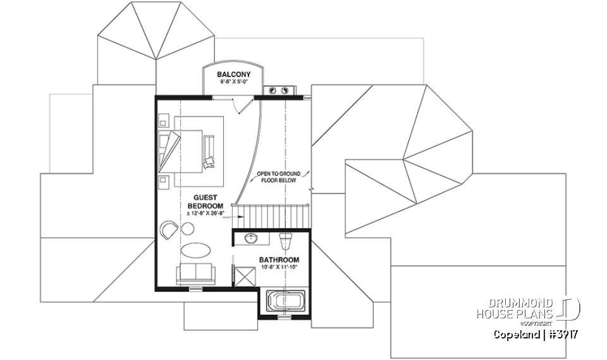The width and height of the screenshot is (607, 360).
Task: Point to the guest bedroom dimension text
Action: click(206, 214)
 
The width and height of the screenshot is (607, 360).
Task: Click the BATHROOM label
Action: click(279, 260)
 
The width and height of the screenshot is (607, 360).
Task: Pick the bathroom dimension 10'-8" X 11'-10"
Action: click(279, 268)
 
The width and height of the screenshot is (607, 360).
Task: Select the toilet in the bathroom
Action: click(286, 240)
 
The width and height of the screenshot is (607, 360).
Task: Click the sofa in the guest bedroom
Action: click(195, 274)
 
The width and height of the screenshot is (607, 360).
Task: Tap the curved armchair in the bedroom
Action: click(169, 229)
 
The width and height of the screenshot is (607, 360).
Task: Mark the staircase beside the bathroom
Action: click(271, 216)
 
